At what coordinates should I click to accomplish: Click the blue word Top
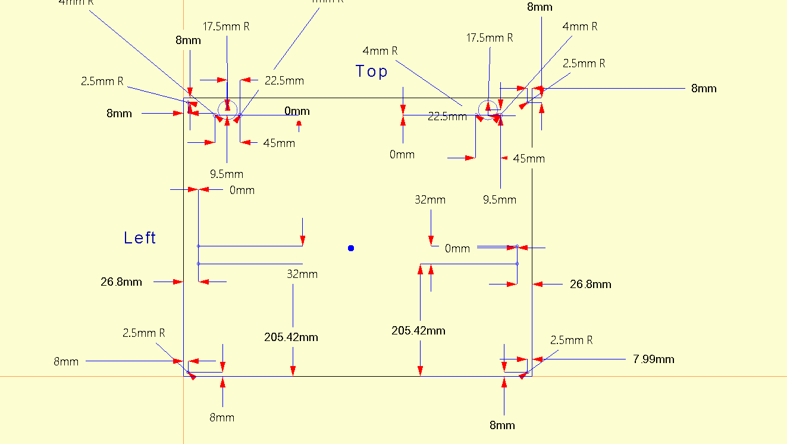coord(372,71)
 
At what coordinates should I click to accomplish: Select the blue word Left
coord(140,238)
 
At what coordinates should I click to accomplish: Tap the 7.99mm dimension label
coord(654,359)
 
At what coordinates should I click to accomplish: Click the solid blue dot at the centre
coord(351,248)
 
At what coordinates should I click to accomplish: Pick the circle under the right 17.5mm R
coord(488,110)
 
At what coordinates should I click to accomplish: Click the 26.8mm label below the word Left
coord(121,282)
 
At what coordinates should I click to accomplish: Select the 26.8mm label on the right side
coord(590,284)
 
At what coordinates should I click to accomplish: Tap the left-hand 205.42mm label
coord(291,337)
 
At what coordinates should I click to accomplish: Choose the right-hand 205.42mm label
coord(418,330)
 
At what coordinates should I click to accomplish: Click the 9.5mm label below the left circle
coord(226,174)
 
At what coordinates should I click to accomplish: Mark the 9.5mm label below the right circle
coord(499,199)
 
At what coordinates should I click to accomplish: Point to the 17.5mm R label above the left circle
coord(226,26)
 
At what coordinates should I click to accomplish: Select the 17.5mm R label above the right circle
coord(490,37)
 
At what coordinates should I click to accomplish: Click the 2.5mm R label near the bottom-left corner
coord(143,333)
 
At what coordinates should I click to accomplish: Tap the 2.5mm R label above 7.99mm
coord(571,340)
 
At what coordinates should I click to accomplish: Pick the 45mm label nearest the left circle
coord(279,143)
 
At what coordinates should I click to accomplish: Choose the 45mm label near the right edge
coord(529,158)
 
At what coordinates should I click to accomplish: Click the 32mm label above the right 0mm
coord(429,199)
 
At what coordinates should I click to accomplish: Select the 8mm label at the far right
coord(704,88)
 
